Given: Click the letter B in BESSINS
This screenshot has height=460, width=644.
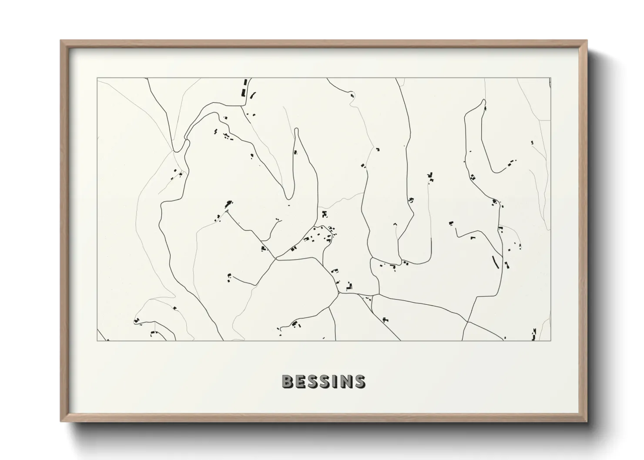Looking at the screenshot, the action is (x=288, y=381).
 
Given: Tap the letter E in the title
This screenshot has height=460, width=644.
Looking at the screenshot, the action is (x=302, y=381).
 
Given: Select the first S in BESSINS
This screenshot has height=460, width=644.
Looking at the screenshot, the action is (x=316, y=381).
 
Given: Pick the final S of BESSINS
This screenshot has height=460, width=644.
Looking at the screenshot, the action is (x=359, y=381).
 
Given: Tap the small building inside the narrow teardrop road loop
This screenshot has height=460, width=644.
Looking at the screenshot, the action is (x=295, y=152).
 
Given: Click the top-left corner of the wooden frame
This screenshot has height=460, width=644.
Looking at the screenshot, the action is (x=61, y=41).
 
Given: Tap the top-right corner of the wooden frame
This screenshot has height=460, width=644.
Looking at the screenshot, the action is (x=587, y=41).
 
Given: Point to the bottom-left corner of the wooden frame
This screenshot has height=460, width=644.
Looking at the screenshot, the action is (x=61, y=421).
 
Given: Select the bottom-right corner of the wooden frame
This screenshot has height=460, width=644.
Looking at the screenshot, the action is (x=587, y=421).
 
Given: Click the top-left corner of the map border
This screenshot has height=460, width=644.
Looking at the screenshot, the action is (x=97, y=78).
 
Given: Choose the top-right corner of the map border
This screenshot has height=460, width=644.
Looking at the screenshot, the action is (x=551, y=78).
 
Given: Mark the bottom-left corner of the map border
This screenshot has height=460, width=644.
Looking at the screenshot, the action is (x=97, y=340).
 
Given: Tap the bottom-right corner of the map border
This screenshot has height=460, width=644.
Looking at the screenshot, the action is (x=551, y=340).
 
